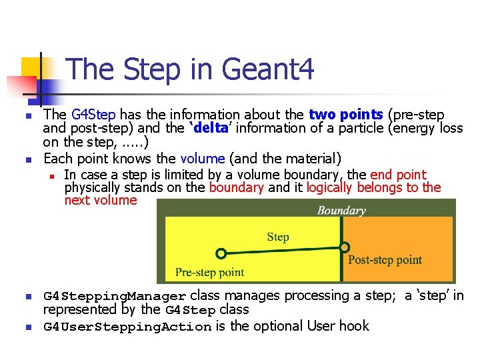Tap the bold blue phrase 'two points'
point(345,115)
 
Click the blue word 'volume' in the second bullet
point(203,158)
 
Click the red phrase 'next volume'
point(101,200)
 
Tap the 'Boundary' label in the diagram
point(341,211)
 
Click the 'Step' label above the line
point(278,237)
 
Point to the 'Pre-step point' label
point(209,272)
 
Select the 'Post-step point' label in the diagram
point(385,260)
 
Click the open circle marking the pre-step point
point(222,253)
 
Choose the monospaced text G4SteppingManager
point(115,296)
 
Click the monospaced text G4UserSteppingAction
point(127,327)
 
